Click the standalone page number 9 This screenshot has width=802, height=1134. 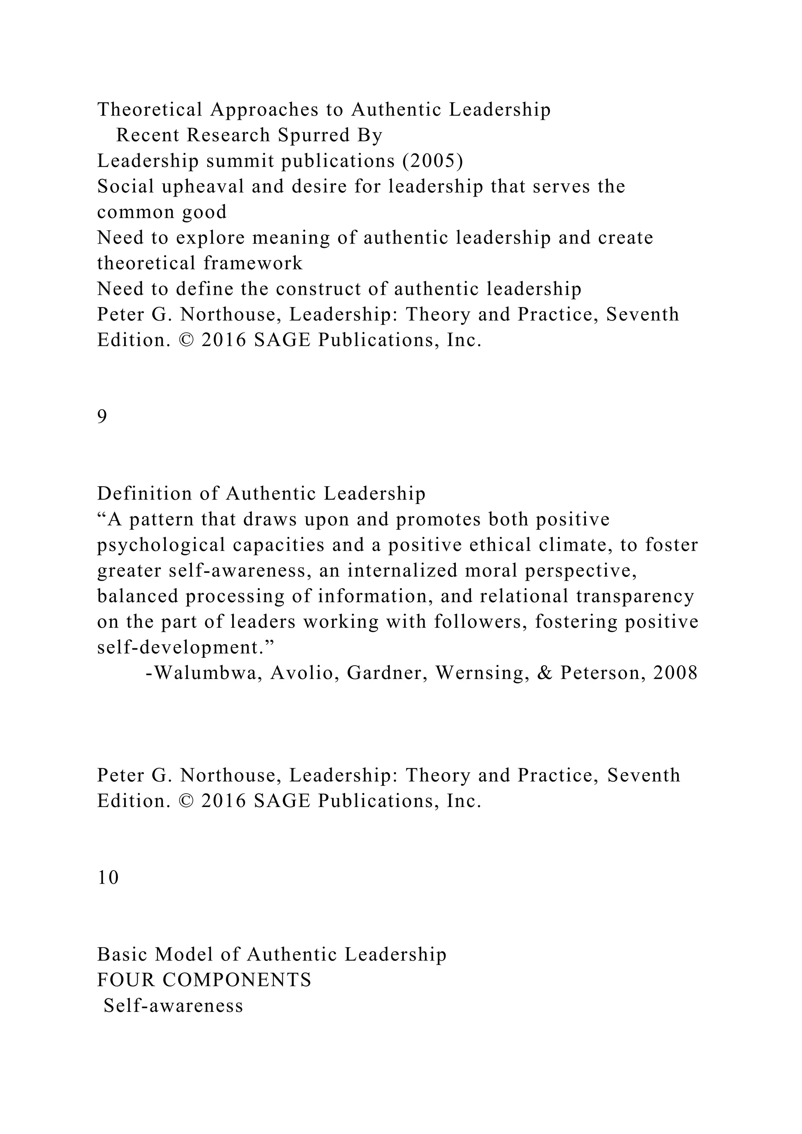tap(102, 417)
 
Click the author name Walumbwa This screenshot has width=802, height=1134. tap(207, 673)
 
